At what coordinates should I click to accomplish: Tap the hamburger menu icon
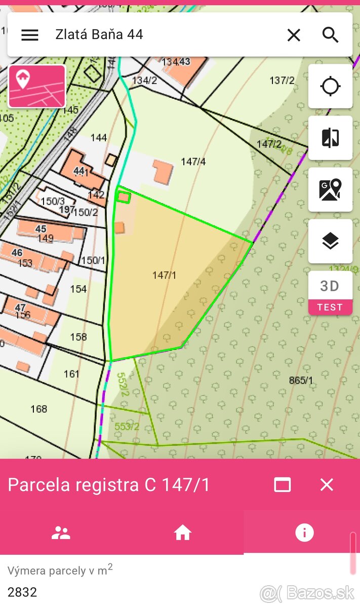pos(30,34)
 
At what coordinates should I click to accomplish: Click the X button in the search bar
pos(294,35)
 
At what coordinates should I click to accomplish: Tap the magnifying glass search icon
pos(330,35)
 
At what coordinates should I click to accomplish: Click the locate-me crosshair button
pos(330,86)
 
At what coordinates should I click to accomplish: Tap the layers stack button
pos(330,241)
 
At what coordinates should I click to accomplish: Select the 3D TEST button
pos(330,293)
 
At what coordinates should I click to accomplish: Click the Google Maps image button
pos(330,189)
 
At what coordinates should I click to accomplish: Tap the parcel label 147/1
pos(164,275)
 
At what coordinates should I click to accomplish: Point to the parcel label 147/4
pos(193,162)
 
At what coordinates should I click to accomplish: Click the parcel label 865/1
pos(301,380)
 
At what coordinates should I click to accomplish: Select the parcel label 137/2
pos(282,80)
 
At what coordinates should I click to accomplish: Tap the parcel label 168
pos(39,409)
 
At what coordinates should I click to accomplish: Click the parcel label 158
pos(78,337)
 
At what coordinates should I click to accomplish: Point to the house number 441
pos(81,171)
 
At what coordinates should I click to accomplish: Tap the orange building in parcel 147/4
pos(163,172)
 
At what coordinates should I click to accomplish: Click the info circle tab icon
pos(304,533)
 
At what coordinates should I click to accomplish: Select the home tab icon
pos(182,533)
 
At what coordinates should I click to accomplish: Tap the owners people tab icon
pos(61,533)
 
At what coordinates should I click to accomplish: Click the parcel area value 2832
pos(22,592)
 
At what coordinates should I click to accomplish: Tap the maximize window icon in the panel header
pos(282,485)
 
